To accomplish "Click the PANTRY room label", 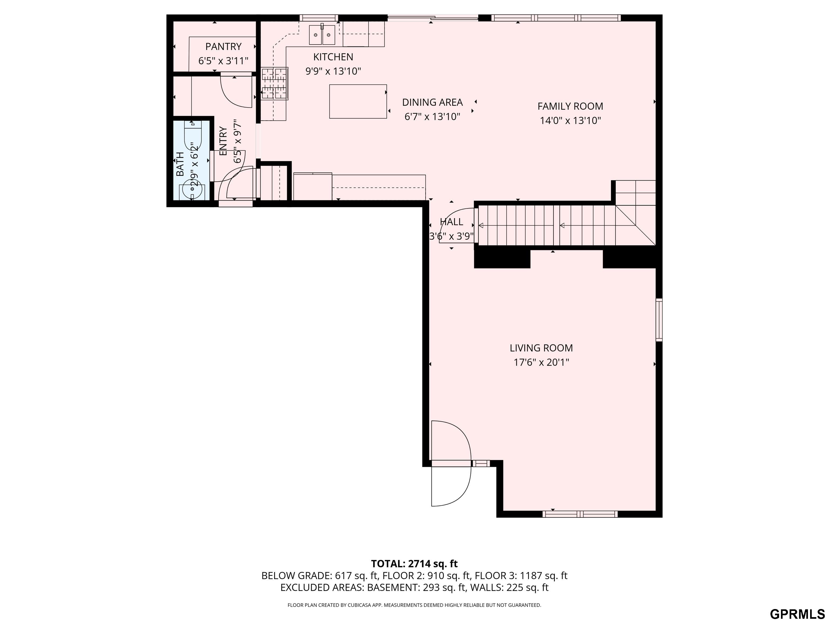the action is click(x=223, y=46).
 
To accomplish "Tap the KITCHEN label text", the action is click(x=333, y=57).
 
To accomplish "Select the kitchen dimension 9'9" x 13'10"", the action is click(x=333, y=71).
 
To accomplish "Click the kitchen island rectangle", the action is click(x=358, y=101).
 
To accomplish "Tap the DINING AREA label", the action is click(x=433, y=102).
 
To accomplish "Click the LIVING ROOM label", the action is click(x=541, y=348).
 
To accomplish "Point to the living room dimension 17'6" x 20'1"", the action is click(x=541, y=363).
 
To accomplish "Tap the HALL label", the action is click(x=451, y=222).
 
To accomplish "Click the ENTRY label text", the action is click(x=223, y=141).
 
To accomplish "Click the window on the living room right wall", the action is click(x=659, y=320).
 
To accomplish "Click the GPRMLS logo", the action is click(x=797, y=614).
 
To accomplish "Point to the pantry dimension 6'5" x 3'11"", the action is click(x=223, y=61).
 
